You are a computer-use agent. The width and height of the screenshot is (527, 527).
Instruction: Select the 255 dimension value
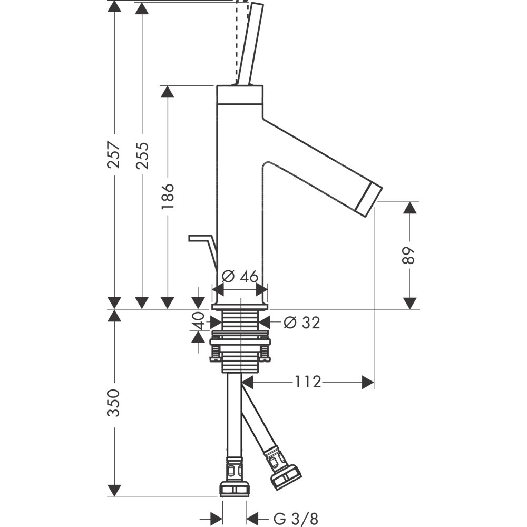[142, 155]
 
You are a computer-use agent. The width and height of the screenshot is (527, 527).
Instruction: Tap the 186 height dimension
[168, 197]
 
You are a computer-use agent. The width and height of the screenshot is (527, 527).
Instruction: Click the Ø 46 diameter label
[240, 276]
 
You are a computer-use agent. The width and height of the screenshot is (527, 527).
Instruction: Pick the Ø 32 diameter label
[301, 322]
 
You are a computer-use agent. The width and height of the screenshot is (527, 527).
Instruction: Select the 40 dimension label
[199, 321]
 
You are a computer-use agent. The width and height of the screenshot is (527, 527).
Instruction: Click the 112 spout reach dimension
[308, 382]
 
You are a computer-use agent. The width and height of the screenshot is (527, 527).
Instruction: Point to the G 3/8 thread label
[295, 519]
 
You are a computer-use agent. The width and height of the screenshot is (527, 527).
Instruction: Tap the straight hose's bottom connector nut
[234, 488]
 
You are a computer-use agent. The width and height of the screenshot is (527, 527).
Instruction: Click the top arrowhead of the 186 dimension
[168, 92]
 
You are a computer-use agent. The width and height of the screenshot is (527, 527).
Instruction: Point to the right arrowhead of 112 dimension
[368, 382]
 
